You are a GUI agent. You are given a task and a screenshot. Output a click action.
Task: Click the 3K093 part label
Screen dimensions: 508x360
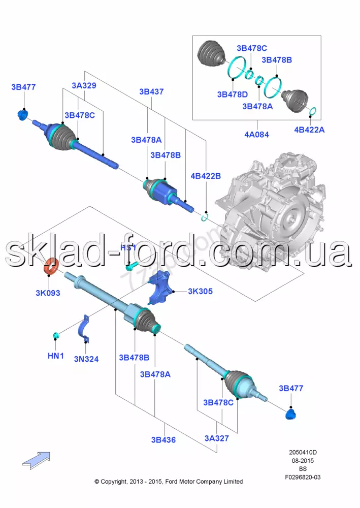(48, 293)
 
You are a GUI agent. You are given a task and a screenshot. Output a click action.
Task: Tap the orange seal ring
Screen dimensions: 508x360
(52, 266)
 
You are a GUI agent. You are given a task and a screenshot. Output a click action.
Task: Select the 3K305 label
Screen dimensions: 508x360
(200, 291)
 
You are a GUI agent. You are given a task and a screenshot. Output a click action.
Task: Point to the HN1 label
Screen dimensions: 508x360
(56, 357)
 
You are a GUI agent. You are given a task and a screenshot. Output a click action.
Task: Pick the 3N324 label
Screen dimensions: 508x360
(86, 359)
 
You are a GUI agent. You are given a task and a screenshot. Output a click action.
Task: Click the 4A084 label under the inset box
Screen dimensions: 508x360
(256, 135)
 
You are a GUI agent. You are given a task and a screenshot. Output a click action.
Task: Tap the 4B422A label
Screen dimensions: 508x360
(309, 130)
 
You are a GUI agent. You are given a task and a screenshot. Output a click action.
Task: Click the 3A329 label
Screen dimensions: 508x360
(84, 85)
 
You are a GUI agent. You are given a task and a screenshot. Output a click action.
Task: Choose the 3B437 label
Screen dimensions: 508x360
(151, 92)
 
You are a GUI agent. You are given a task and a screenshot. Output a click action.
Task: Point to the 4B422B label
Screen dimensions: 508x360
(206, 176)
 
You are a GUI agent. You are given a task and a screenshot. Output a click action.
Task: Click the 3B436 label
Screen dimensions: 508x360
(163, 439)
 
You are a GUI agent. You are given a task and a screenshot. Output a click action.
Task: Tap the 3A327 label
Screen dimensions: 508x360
(217, 438)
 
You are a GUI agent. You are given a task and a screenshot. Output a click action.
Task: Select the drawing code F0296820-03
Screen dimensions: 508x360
(303, 477)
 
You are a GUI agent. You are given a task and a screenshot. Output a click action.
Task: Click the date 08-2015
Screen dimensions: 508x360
(303, 460)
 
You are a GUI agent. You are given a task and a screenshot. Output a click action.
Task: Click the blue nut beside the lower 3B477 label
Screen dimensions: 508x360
(291, 414)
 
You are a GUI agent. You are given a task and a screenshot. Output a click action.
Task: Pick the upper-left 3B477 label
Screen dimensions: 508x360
(23, 87)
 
